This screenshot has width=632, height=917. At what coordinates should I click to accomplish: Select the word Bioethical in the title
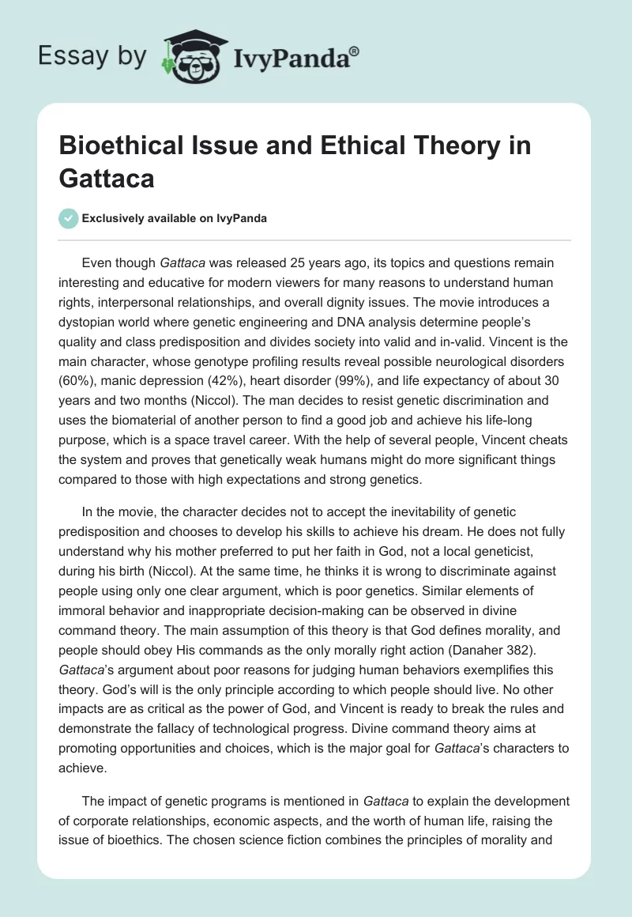tap(123, 146)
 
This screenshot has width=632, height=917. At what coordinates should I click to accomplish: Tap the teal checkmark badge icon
tap(68, 219)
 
